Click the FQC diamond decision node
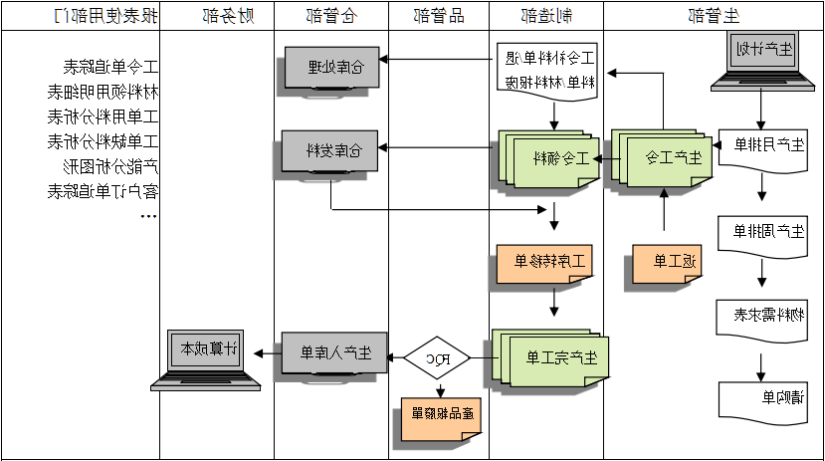436,356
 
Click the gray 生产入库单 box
333,353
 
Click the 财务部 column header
216,15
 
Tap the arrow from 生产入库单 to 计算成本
266,353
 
